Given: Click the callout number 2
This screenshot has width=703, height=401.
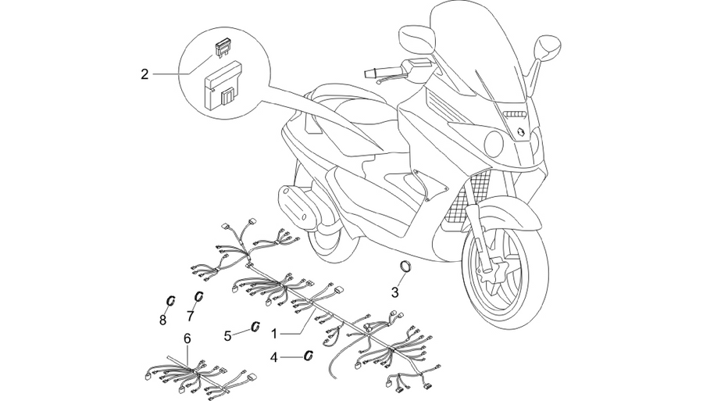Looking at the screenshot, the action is pyautogui.click(x=145, y=74).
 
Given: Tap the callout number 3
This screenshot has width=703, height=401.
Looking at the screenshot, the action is pyautogui.click(x=394, y=292).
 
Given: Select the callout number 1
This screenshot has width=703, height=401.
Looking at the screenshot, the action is pyautogui.click(x=274, y=333).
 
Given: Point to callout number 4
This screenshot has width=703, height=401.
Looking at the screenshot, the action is pyautogui.click(x=274, y=357).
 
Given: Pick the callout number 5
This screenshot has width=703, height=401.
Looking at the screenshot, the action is pyautogui.click(x=228, y=335).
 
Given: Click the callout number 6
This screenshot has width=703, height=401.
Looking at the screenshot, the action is pyautogui.click(x=187, y=338).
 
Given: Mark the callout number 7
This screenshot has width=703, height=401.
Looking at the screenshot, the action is pyautogui.click(x=190, y=317).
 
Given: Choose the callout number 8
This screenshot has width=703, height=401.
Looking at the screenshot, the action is pyautogui.click(x=162, y=320).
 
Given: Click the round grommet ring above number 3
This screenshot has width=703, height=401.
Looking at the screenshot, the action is pyautogui.click(x=405, y=266).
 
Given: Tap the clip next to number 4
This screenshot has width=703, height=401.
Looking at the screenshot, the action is pyautogui.click(x=309, y=355).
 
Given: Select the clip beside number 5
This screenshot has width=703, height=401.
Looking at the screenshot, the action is pyautogui.click(x=256, y=326).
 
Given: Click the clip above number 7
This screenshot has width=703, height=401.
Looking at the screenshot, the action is pyautogui.click(x=198, y=296).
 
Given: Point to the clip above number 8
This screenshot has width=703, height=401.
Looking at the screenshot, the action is pyautogui.click(x=170, y=301).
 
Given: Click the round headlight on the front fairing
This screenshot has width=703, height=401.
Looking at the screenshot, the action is pyautogui.click(x=494, y=142).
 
